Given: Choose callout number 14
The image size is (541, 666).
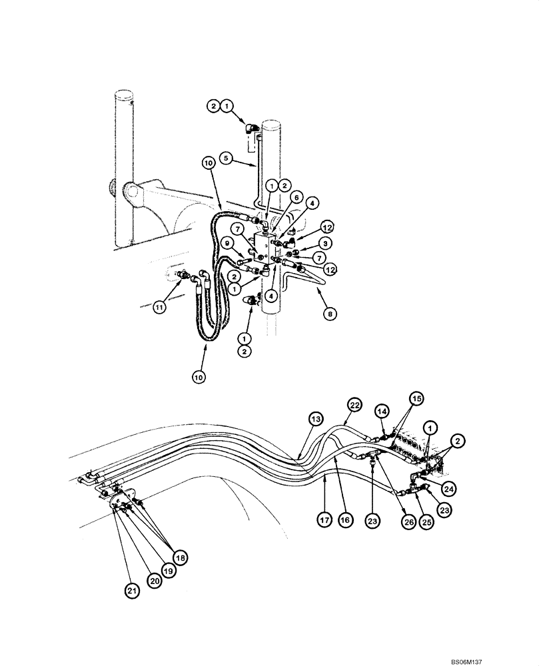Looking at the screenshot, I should [x=382, y=412].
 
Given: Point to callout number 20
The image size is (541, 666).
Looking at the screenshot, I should [x=154, y=581].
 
